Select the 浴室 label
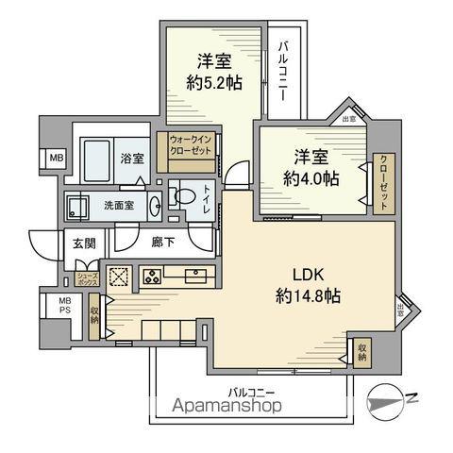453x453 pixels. [132, 159]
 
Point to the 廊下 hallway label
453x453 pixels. [163, 243]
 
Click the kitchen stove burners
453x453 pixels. [151, 277]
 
